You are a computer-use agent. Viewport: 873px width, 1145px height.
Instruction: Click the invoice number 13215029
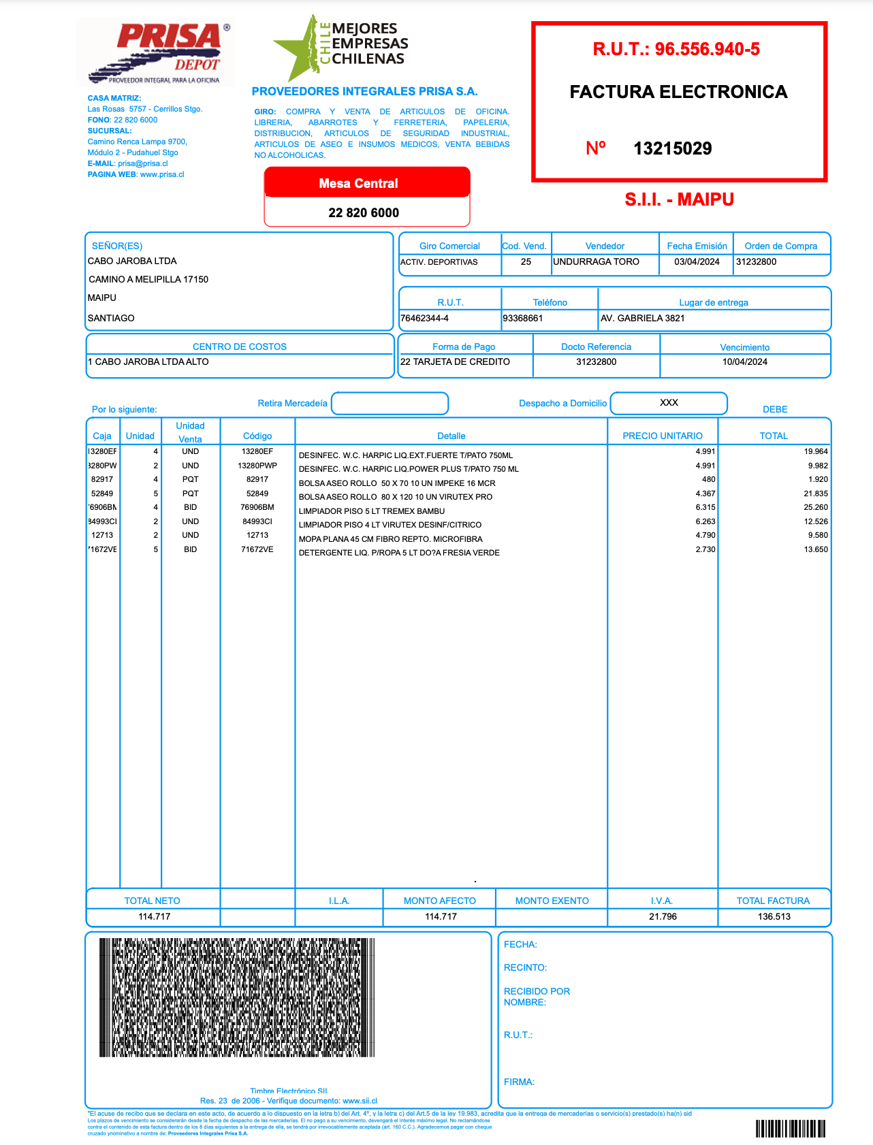pyautogui.click(x=672, y=148)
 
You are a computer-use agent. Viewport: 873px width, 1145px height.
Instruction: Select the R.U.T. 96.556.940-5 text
pyautogui.click(x=676, y=49)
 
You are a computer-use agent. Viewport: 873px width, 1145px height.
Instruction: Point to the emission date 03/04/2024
pyautogui.click(x=697, y=262)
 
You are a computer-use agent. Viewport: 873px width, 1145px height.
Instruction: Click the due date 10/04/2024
pyautogui.click(x=744, y=362)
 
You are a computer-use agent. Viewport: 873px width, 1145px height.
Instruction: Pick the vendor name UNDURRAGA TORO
pyautogui.click(x=596, y=262)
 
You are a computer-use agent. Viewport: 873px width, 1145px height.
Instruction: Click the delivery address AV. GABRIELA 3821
pyautogui.click(x=642, y=319)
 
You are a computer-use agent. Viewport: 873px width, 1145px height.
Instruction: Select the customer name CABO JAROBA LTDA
pyautogui.click(x=132, y=261)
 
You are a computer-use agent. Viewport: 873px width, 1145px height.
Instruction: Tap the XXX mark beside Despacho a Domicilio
pyautogui.click(x=669, y=403)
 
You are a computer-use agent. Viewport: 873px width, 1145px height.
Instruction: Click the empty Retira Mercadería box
pyautogui.click(x=390, y=404)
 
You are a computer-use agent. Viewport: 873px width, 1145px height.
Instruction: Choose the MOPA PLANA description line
pyautogui.click(x=390, y=539)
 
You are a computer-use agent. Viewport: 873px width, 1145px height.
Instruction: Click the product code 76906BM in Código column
pyautogui.click(x=257, y=507)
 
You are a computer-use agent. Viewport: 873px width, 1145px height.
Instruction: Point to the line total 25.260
pyautogui.click(x=815, y=507)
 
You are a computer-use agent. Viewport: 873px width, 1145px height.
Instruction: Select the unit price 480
pyautogui.click(x=708, y=479)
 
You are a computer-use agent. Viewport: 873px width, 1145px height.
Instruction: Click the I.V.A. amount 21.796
pyautogui.click(x=663, y=917)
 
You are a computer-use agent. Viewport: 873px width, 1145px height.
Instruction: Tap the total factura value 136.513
pyautogui.click(x=774, y=917)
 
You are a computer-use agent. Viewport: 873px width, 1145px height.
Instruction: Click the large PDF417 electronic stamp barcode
pyautogui.click(x=237, y=997)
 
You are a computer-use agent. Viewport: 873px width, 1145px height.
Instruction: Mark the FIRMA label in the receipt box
pyautogui.click(x=519, y=1082)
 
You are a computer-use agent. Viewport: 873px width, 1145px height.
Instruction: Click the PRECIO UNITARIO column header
pyautogui.click(x=662, y=436)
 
